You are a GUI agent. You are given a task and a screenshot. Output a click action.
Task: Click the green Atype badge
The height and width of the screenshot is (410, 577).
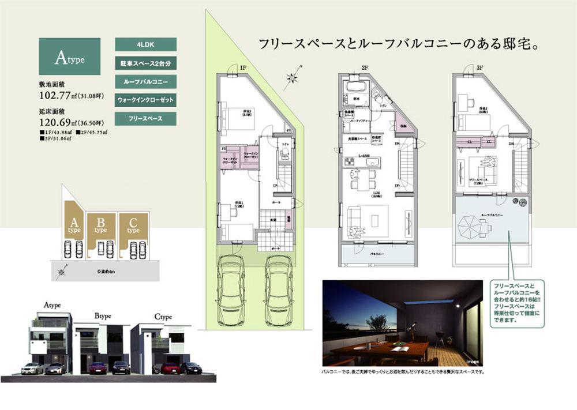pos(69,57)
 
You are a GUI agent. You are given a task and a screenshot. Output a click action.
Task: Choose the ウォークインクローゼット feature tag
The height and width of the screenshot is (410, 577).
pos(145,100)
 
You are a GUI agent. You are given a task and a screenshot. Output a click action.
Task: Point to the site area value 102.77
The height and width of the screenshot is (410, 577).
pos(58,96)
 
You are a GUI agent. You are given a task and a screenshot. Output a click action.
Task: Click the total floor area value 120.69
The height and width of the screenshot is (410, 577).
pos(58,122)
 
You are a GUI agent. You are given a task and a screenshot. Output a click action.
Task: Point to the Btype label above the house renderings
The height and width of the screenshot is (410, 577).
pos(103,316)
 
